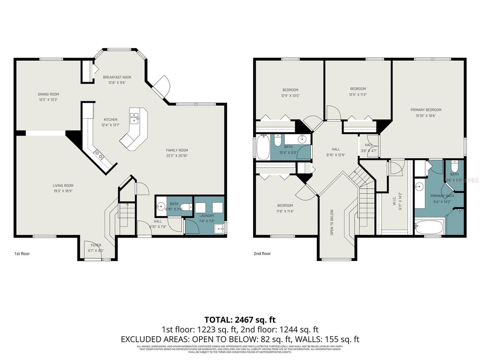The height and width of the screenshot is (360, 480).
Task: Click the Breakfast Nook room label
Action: (x=117, y=77)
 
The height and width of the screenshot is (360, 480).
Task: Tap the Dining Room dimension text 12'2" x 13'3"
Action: (x=48, y=100)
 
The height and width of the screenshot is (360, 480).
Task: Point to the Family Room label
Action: (x=177, y=150)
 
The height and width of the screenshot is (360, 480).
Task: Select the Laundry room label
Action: (x=207, y=216)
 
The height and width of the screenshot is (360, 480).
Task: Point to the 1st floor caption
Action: (x=22, y=254)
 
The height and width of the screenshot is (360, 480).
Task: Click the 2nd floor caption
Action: (x=262, y=254)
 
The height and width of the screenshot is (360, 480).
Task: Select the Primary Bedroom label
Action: (x=426, y=110)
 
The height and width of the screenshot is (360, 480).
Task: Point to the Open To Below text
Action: (x=332, y=222)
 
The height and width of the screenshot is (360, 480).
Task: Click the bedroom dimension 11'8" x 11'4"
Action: (x=285, y=211)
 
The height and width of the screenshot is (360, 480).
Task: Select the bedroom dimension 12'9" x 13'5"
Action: (x=290, y=96)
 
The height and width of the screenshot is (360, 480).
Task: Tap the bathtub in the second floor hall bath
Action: (x=262, y=147)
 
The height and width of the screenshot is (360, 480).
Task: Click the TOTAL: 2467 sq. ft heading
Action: (x=240, y=319)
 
